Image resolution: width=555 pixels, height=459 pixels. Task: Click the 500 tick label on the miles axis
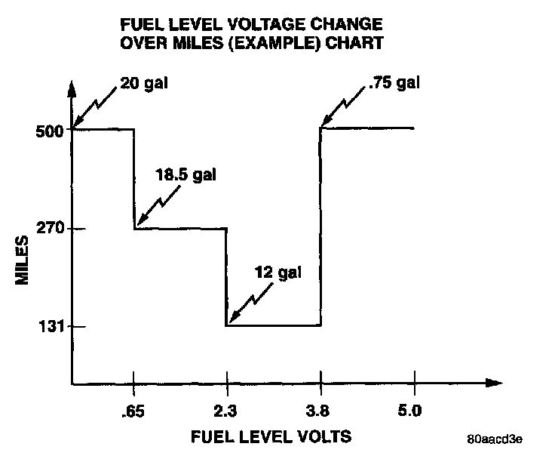coord(48,129)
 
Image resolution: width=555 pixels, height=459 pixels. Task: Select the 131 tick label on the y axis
coord(48,326)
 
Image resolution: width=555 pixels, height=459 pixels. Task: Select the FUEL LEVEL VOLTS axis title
coord(271,437)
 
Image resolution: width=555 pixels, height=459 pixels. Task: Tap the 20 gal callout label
coord(143,83)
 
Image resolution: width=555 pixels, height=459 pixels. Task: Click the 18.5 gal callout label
coord(186,175)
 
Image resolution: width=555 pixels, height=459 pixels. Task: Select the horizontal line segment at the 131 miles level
coord(273,325)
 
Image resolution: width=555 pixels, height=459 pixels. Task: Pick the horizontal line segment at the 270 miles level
coord(180,228)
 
